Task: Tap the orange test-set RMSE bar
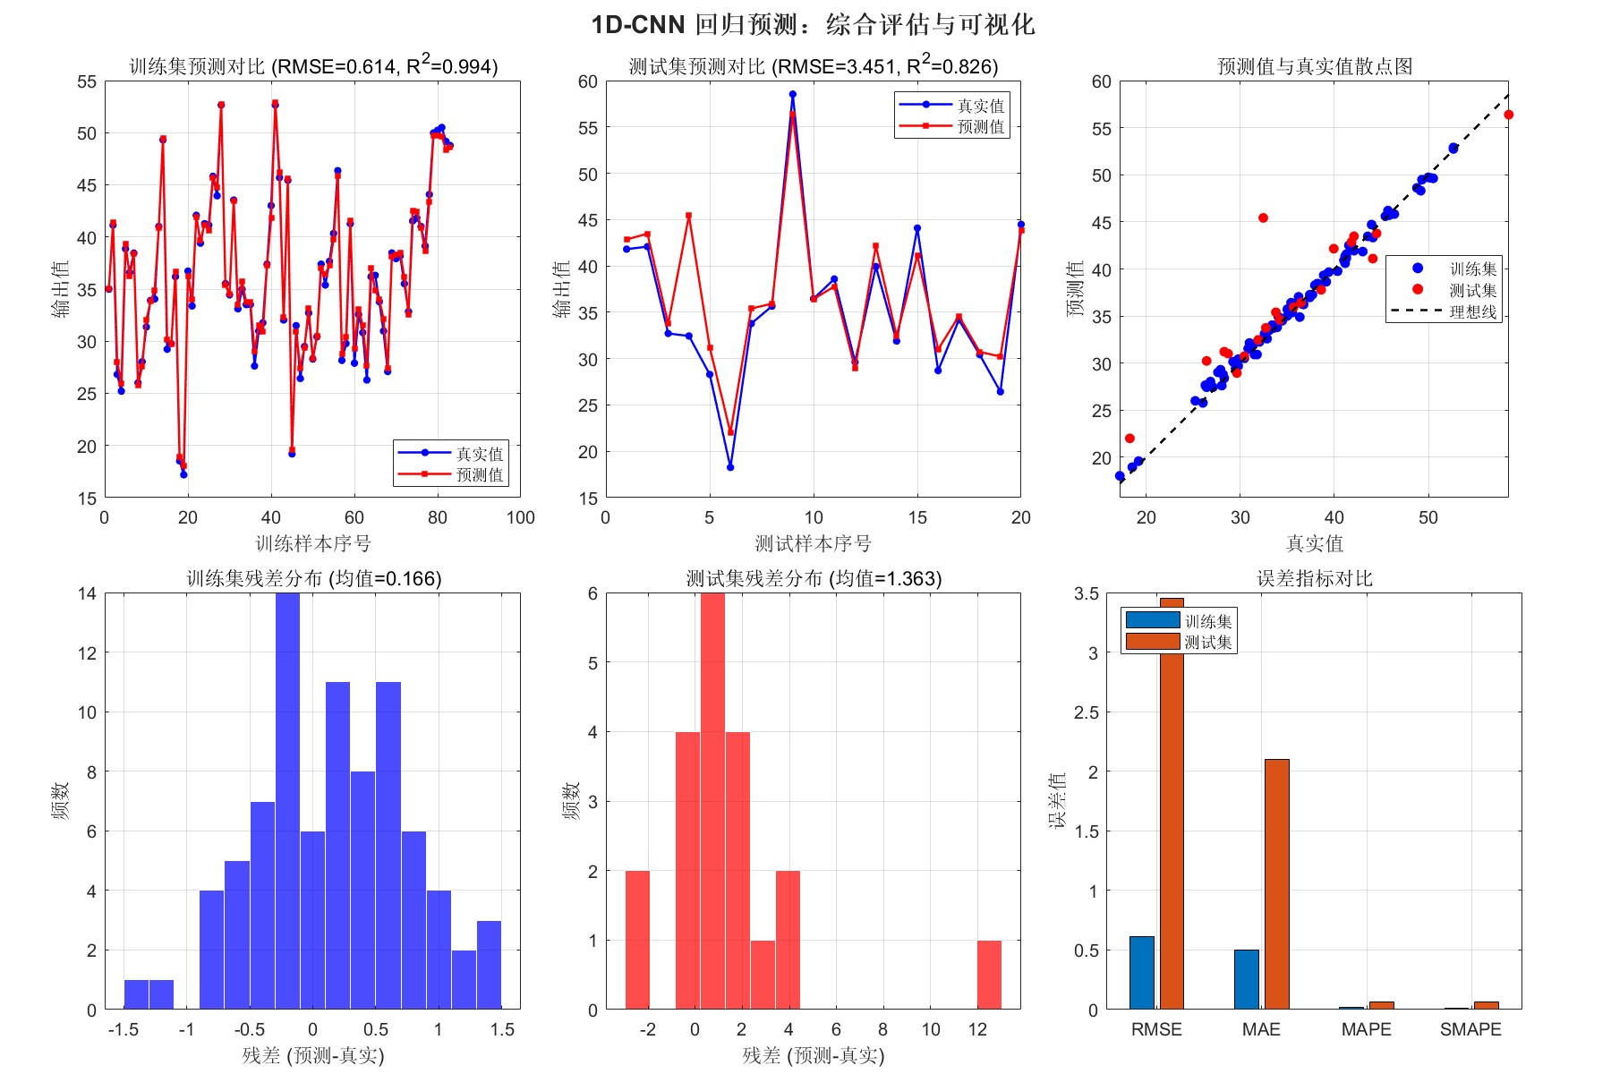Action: coord(1172,805)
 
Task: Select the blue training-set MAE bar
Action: coord(1246,979)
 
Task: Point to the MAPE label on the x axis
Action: coord(1366,1029)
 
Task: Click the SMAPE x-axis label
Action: coord(1470,1029)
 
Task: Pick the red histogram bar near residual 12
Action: coord(989,975)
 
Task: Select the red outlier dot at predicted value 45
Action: coord(1263,218)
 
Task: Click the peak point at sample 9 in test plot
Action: coord(792,95)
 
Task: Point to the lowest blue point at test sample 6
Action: coord(730,467)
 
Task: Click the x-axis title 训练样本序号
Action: coord(312,543)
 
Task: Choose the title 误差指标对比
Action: coord(1314,578)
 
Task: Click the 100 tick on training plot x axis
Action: coord(520,517)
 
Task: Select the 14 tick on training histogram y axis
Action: coord(87,593)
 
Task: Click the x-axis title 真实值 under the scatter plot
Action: coord(1314,543)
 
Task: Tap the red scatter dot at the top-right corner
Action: coord(1508,115)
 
